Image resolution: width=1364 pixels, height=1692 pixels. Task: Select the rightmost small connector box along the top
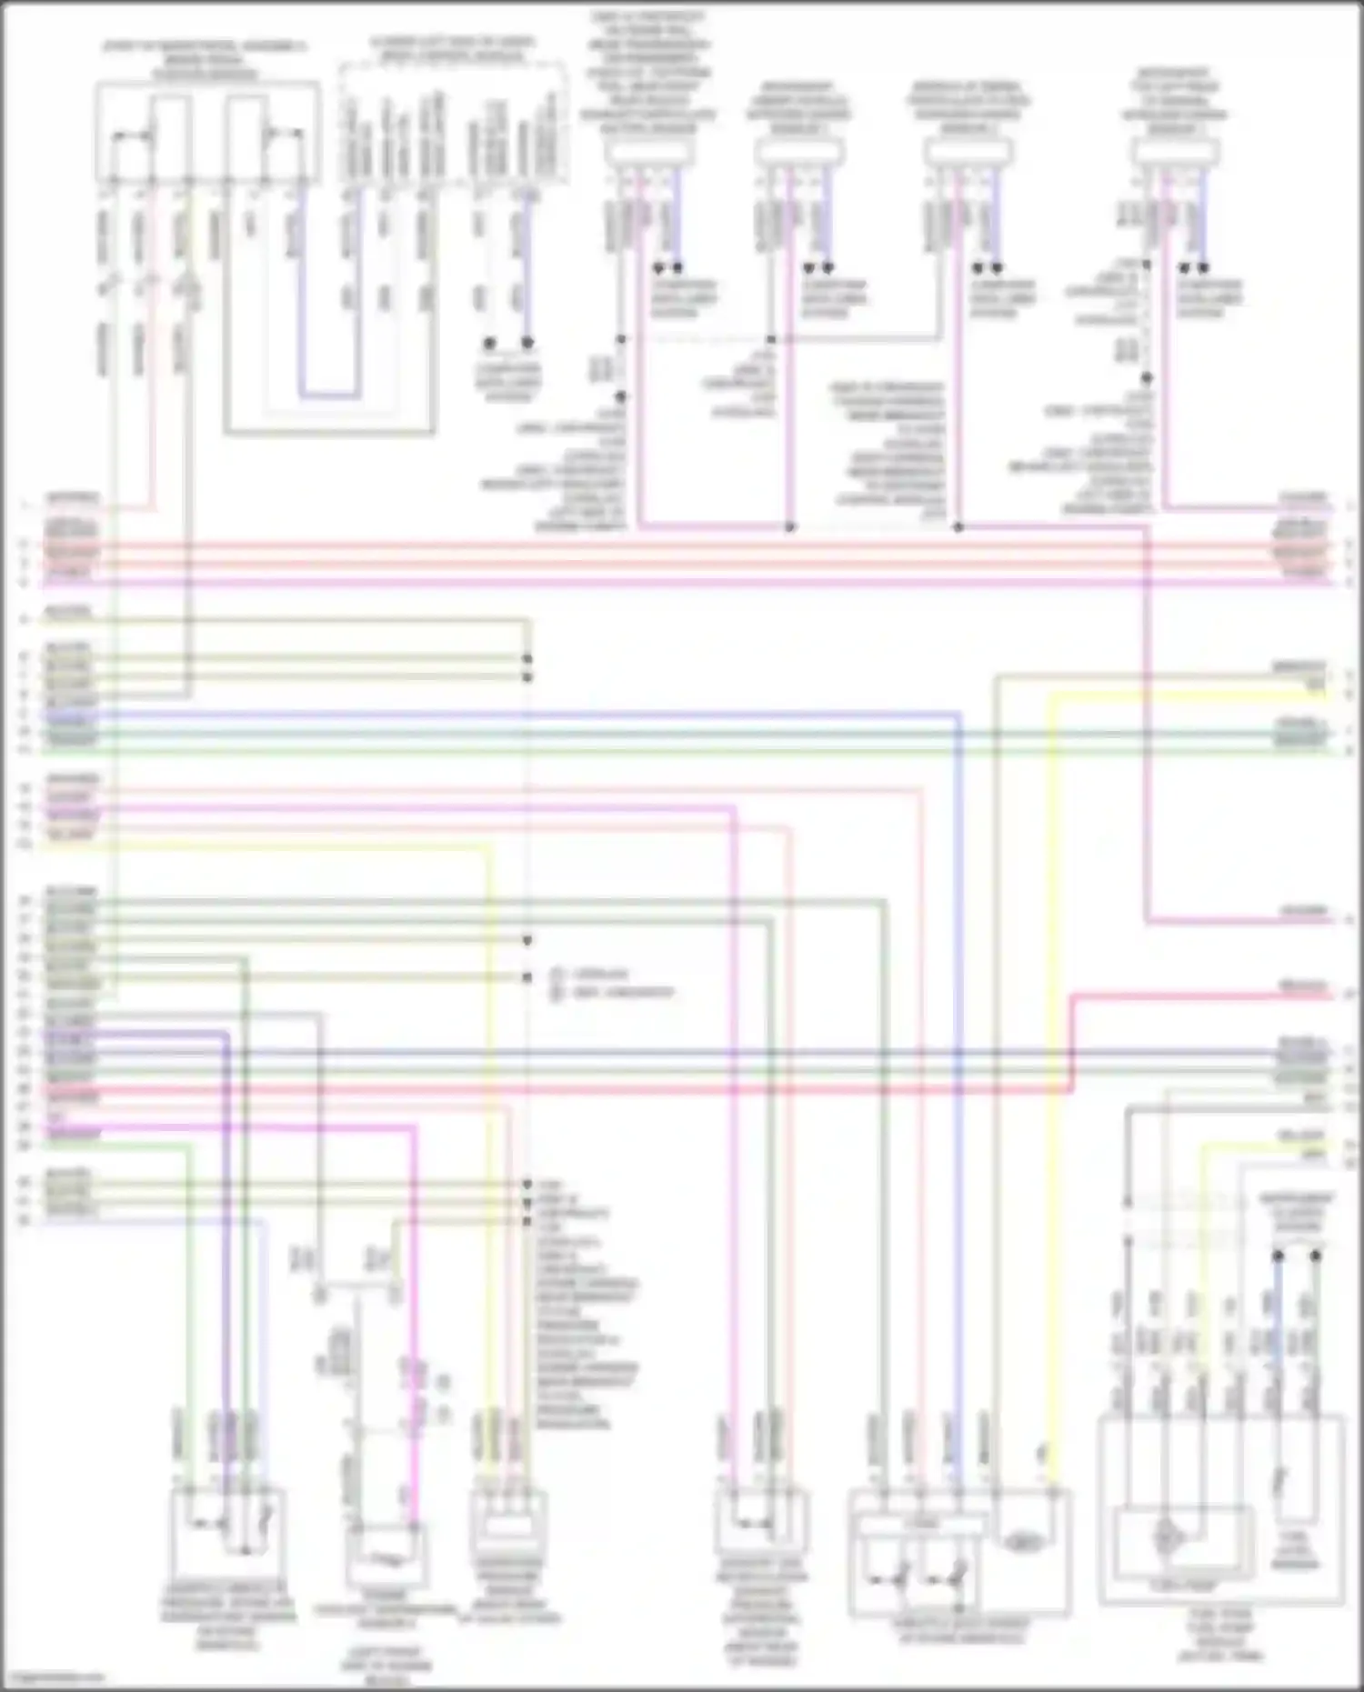click(x=1178, y=155)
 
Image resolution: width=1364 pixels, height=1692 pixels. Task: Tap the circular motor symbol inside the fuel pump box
click(x=1165, y=1536)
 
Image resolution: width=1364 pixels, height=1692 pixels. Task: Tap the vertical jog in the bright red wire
click(x=1072, y=1041)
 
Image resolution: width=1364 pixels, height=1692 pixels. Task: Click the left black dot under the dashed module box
click(x=489, y=343)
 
